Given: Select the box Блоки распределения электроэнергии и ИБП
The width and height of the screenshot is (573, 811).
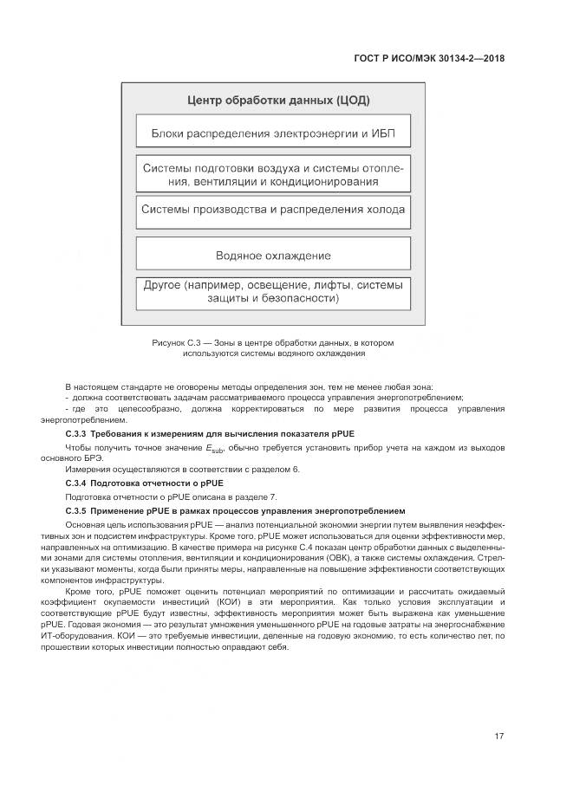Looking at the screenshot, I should click(x=273, y=134).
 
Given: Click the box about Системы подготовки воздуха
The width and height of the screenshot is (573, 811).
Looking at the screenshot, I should click(x=273, y=174).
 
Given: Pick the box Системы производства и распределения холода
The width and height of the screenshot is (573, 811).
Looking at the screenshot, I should click(x=273, y=210).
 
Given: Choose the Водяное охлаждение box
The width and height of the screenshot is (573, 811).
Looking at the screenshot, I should click(x=273, y=256).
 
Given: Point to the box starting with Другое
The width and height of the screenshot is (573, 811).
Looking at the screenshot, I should click(x=273, y=291).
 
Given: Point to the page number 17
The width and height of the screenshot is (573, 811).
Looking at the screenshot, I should click(x=499, y=736).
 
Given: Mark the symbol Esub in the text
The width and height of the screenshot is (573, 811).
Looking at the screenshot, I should click(x=214, y=447).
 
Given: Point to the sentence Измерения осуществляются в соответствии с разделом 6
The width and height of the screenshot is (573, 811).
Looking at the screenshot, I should click(x=183, y=469).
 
